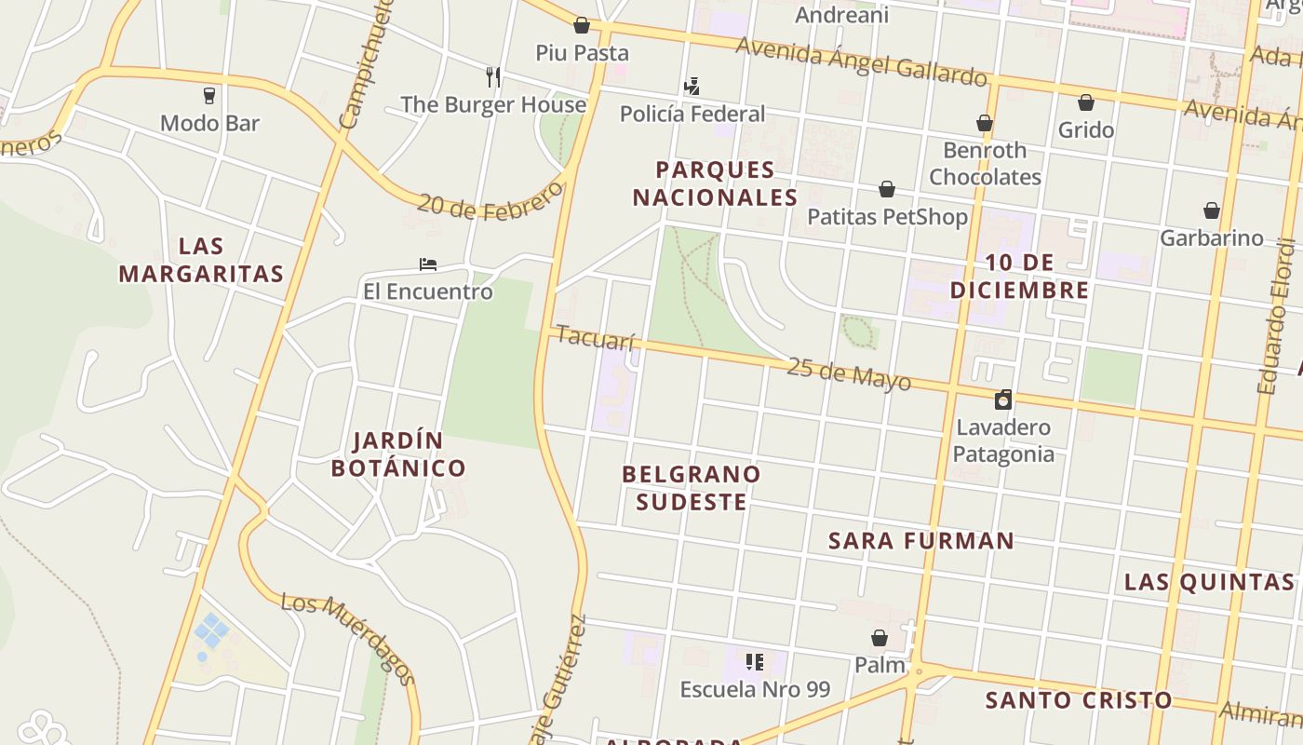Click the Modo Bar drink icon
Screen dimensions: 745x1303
[209, 95]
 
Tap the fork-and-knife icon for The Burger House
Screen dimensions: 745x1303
[493, 76]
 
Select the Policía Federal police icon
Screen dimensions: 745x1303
[692, 87]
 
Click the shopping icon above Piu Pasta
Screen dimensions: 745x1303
[582, 25]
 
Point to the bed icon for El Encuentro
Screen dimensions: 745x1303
[428, 264]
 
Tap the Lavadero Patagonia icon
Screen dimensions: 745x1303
[1003, 400]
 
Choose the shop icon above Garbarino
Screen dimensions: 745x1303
[1212, 210]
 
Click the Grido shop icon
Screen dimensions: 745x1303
[1086, 102]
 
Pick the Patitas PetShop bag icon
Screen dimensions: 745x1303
[887, 189]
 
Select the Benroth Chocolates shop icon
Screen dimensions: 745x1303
[985, 123]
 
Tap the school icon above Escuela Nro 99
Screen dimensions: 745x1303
[755, 662]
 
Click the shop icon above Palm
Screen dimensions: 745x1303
[880, 638]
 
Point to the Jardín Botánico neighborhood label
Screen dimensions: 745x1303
[398, 454]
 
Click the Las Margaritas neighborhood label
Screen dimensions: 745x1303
[201, 260]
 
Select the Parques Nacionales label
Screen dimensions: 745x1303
[715, 183]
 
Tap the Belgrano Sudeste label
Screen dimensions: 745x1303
[691, 488]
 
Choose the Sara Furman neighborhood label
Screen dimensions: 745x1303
[920, 540]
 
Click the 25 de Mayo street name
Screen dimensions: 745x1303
[848, 373]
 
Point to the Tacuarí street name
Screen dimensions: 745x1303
[595, 338]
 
